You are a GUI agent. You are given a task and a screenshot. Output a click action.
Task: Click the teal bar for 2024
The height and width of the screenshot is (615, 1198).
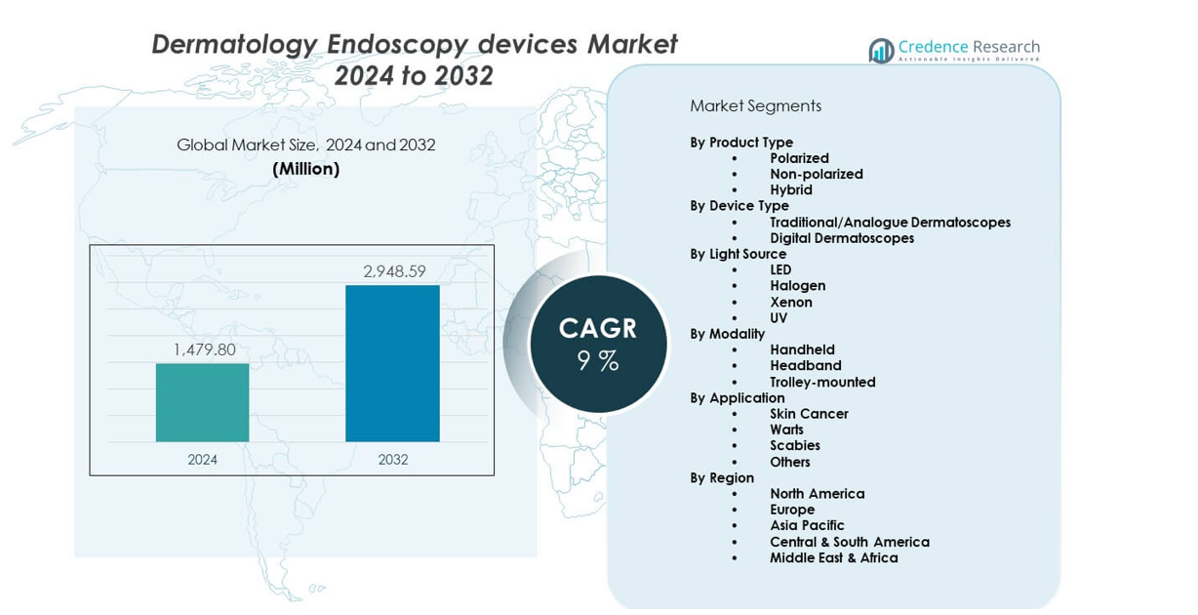[x=202, y=402]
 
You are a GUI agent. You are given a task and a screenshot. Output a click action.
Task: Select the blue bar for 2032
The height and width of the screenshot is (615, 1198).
[x=392, y=363]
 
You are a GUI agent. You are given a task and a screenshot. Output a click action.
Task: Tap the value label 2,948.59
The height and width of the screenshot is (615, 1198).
[x=394, y=271]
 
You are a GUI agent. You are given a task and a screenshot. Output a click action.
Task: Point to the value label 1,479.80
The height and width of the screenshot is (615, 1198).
[x=204, y=349]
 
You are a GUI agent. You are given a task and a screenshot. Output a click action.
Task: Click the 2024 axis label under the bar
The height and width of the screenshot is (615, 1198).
[x=203, y=459]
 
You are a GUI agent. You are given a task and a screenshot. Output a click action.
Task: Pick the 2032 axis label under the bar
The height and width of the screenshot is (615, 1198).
[x=393, y=459]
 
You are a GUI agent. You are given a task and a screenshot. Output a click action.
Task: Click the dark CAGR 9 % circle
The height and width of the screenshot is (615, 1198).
[x=598, y=344]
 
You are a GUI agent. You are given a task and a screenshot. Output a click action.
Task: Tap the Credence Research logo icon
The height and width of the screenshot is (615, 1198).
[x=881, y=51]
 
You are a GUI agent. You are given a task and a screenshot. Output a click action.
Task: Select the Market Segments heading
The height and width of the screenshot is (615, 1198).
[x=755, y=106]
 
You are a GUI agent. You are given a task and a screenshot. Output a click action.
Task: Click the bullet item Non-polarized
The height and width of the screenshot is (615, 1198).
[x=816, y=174]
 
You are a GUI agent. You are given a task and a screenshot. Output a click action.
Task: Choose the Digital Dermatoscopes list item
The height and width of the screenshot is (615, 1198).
[x=841, y=238]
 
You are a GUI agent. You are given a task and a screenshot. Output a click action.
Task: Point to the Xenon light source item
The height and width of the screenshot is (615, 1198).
[x=790, y=302]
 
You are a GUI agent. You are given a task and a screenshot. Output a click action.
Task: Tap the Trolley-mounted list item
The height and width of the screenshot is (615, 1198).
[x=821, y=382]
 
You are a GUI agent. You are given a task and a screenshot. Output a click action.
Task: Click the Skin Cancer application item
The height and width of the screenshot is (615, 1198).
[x=808, y=414]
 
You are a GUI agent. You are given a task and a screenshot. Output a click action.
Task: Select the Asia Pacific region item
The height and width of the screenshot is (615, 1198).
[x=806, y=525]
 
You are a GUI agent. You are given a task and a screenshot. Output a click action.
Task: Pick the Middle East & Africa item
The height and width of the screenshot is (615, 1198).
[x=833, y=557]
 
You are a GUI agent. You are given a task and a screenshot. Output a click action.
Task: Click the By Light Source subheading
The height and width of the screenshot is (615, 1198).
[x=738, y=254]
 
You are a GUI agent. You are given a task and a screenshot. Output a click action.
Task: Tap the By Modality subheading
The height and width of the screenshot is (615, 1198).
[x=727, y=334]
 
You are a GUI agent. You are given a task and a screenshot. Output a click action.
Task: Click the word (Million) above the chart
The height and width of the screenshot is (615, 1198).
[x=305, y=169]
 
